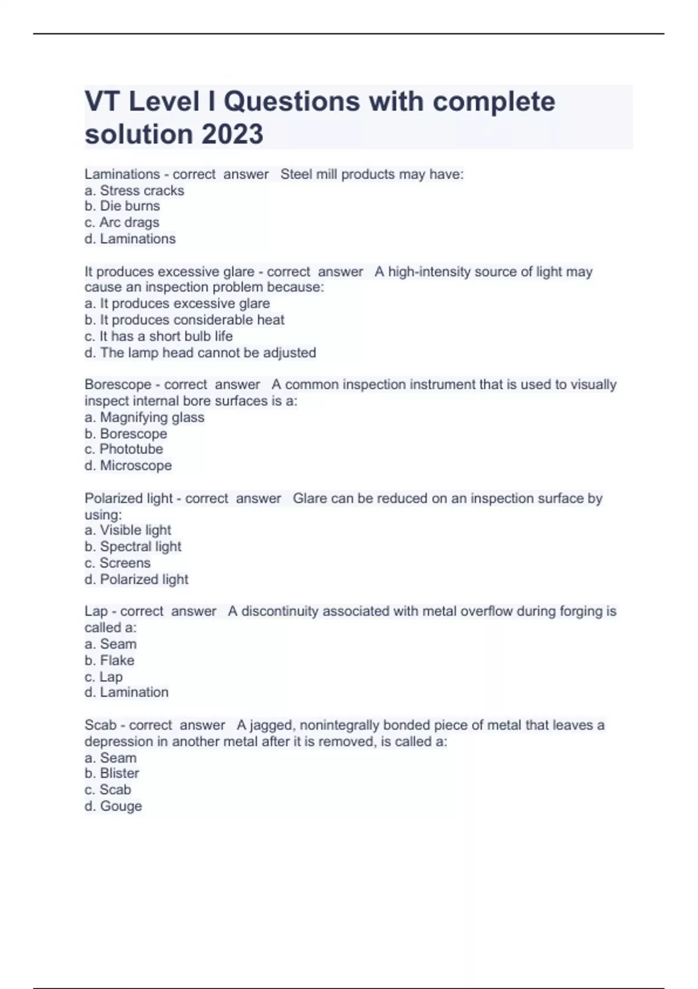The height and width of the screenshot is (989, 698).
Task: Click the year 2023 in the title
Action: coord(232,134)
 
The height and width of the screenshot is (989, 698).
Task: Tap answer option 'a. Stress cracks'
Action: coord(134,190)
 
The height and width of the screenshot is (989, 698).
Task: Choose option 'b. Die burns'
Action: coord(122,206)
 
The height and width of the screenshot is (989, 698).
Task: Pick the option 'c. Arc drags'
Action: coord(122,222)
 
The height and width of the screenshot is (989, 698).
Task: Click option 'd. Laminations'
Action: coord(130,239)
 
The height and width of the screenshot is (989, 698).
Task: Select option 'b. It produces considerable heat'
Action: coord(184,319)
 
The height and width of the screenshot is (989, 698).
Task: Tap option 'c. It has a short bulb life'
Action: coord(158,336)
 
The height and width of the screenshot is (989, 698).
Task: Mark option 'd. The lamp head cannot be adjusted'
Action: coord(200,353)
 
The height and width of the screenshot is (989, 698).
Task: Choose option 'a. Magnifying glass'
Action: coord(144,417)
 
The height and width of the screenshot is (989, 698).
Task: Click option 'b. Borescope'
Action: coord(126,433)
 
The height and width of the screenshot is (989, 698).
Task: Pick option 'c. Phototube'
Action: coord(124,449)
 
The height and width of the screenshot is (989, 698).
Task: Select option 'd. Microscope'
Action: coord(128,465)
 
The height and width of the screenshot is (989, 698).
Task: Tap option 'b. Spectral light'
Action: coord(133,546)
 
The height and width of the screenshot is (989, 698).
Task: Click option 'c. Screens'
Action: coord(117,563)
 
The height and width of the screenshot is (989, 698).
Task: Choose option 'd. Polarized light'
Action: coord(136,579)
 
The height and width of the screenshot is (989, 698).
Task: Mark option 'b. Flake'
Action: coord(109,660)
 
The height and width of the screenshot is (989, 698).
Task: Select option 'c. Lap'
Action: coord(104,677)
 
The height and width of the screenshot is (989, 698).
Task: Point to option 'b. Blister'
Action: coord(112,773)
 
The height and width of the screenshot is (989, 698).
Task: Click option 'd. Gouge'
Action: coord(113,806)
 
